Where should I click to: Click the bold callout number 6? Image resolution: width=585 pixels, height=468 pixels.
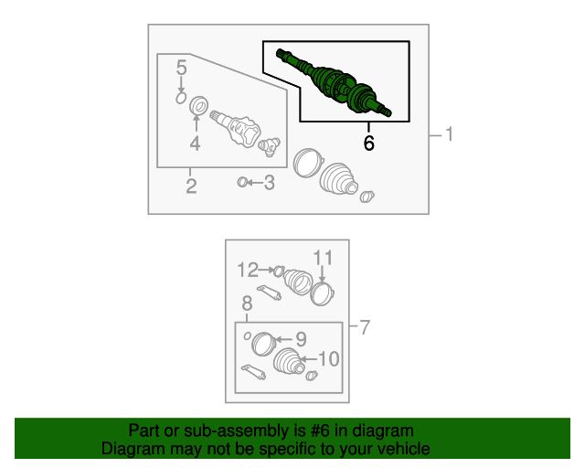click(x=368, y=143)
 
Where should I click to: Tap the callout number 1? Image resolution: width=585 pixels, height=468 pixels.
click(x=449, y=134)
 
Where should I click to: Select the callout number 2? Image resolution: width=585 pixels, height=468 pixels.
click(x=191, y=186)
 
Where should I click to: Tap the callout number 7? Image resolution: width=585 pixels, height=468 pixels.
click(x=365, y=327)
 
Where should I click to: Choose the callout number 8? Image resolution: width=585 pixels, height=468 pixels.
click(x=247, y=303)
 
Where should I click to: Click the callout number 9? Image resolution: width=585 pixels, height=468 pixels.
click(x=301, y=339)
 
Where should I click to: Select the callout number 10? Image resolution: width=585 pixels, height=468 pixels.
click(x=329, y=358)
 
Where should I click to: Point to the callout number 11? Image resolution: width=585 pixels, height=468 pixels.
click(x=323, y=258)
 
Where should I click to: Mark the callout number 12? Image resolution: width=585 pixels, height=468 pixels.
click(x=248, y=270)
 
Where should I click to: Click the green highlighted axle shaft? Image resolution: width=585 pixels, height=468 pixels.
click(x=334, y=83)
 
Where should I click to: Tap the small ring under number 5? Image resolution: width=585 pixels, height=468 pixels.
click(x=181, y=98)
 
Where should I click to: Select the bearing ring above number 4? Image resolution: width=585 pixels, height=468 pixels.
click(x=199, y=106)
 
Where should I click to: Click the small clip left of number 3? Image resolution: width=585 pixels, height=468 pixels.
click(x=242, y=182)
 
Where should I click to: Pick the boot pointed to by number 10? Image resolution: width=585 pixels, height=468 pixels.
click(x=289, y=361)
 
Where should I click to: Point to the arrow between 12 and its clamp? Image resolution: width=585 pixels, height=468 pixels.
click(x=267, y=270)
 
